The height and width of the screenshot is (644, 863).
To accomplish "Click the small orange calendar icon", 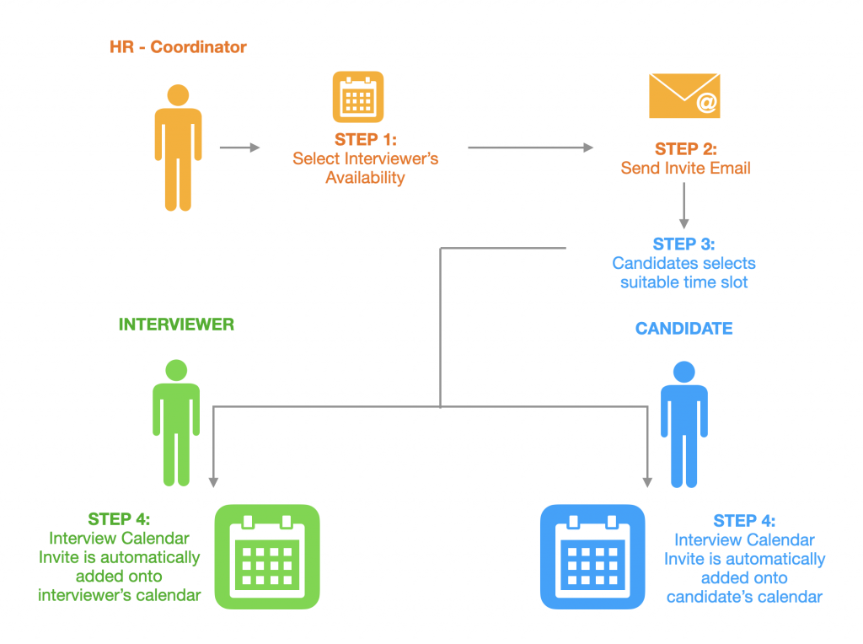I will (357, 97).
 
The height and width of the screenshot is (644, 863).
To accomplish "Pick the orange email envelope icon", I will (683, 95).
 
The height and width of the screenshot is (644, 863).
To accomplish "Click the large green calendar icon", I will (267, 556).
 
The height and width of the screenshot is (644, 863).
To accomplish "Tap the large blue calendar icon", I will (592, 556).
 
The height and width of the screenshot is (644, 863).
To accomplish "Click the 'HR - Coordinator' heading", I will (178, 47).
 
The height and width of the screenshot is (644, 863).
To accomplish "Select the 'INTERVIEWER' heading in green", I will (176, 325).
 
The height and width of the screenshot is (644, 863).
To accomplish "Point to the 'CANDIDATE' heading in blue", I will (683, 329).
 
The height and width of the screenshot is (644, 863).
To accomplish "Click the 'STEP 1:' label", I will (365, 140).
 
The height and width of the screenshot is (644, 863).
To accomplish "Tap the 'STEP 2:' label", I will (685, 149).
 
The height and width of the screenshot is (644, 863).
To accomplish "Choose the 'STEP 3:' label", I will (683, 244).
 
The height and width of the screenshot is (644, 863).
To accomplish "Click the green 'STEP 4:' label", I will (119, 519).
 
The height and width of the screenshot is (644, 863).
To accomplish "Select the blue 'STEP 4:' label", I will (744, 521).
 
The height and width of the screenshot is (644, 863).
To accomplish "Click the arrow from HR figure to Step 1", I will (240, 148).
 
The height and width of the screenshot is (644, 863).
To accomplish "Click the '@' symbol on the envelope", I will (705, 104).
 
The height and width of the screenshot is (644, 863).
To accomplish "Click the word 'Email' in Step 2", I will (730, 168).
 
